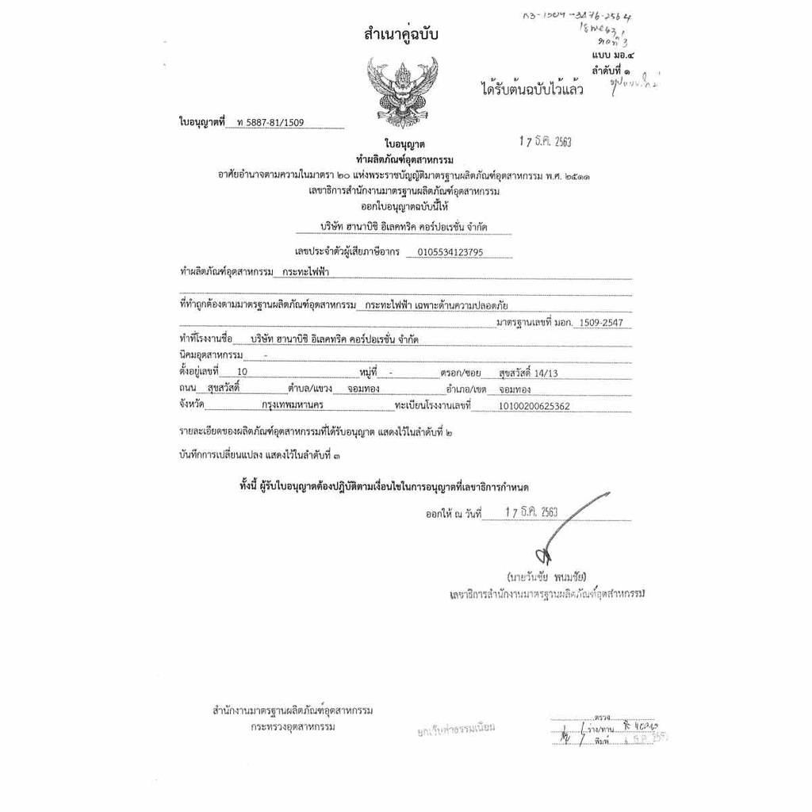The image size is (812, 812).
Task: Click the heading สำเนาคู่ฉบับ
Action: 400,35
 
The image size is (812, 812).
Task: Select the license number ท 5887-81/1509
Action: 270,123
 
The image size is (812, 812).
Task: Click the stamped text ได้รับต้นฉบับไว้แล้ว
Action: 532,90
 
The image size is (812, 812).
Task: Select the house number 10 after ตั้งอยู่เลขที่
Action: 242,371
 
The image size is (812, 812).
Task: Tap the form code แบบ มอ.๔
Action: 613,56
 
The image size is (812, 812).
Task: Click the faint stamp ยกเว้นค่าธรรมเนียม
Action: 456,728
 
